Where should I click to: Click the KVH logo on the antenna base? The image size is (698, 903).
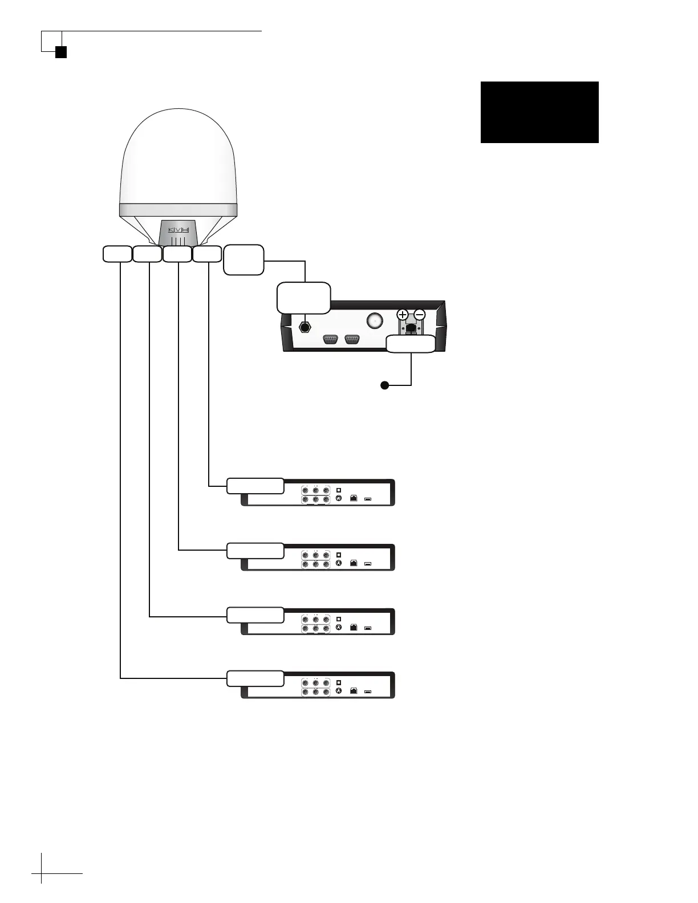click(x=177, y=230)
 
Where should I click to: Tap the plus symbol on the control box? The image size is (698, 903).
click(x=403, y=315)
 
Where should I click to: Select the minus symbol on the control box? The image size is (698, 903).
click(x=419, y=315)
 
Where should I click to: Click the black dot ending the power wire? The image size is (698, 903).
click(x=385, y=386)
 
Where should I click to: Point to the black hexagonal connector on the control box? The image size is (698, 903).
click(x=305, y=328)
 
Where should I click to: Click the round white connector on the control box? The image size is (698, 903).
click(x=374, y=320)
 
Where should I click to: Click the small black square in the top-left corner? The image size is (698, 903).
click(x=61, y=52)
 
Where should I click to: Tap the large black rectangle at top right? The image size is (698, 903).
click(x=539, y=112)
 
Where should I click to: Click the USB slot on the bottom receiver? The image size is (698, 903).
click(x=368, y=692)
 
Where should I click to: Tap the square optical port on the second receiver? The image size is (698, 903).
click(x=339, y=554)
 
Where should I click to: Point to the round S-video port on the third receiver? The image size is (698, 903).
click(x=339, y=628)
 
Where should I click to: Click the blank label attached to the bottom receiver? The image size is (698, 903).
click(x=255, y=678)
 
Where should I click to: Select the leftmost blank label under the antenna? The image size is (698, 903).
click(x=117, y=254)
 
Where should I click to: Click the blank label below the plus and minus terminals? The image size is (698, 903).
click(x=411, y=344)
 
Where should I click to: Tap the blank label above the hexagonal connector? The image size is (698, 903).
click(x=303, y=298)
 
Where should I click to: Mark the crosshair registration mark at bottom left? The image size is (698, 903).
click(x=42, y=873)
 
